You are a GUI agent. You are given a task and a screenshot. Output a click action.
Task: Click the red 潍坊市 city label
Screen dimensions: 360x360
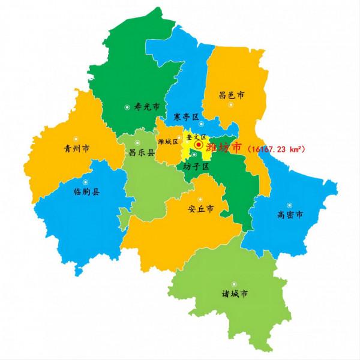coord(223,147)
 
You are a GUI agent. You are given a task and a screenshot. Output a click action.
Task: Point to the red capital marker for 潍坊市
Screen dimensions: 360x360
coord(199,145)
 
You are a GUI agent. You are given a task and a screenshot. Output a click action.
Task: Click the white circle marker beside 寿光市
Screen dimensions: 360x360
coord(127,107)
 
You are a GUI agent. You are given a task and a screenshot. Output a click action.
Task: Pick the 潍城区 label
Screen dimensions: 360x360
coord(168,142)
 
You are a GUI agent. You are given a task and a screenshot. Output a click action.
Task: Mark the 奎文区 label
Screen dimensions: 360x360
coord(196,137)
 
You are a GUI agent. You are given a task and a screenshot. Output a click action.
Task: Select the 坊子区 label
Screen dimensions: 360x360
coord(196,166)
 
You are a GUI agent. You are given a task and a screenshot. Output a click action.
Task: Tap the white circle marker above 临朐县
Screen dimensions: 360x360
coord(85,182)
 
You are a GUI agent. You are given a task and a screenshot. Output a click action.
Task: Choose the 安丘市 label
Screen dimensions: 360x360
coord(200,209)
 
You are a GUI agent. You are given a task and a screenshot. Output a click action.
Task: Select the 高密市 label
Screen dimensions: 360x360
coord(290,214)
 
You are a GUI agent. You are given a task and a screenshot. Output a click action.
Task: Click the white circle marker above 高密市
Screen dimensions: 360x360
coord(289,203)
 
